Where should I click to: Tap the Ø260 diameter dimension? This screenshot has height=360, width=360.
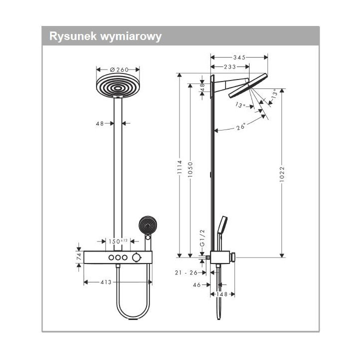tap(118, 70)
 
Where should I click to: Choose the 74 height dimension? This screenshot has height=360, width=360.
tap(78, 256)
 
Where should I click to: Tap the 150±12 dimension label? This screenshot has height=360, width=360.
tap(118, 240)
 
